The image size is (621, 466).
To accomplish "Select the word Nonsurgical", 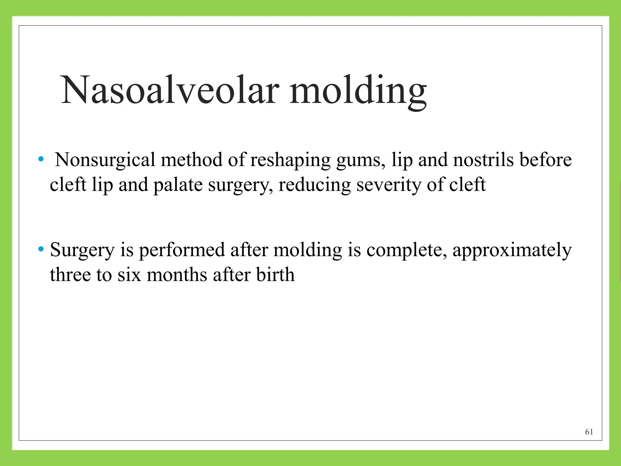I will click(105, 160).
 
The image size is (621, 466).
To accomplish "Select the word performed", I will click(182, 251).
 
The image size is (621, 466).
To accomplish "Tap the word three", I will click(70, 275).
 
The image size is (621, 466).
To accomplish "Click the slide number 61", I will click(589, 432).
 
